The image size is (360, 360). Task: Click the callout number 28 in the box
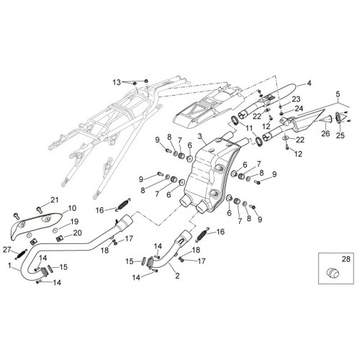click(x=346, y=259)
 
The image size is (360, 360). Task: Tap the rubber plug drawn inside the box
click(x=333, y=273)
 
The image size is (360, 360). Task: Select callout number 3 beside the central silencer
click(x=200, y=137)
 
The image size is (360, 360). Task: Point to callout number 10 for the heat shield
click(x=72, y=208)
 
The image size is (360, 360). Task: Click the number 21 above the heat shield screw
click(x=55, y=199)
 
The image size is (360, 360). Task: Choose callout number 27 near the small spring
click(x=7, y=250)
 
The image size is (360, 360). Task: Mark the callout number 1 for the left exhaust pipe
click(x=9, y=266)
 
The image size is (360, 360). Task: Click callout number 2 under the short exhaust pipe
click(x=177, y=276)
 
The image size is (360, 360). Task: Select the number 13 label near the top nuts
click(x=117, y=83)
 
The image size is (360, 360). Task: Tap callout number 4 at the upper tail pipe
click(x=309, y=84)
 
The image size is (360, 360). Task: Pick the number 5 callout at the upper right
click(x=338, y=94)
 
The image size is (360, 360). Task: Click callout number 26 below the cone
click(x=325, y=133)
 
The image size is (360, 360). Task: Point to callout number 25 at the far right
click(x=340, y=135)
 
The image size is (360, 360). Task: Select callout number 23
click(x=296, y=99)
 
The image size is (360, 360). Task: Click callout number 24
click(x=299, y=109)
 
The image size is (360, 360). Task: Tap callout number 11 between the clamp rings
click(x=248, y=128)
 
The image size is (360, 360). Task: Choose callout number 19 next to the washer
click(x=75, y=222)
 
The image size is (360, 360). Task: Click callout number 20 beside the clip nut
click(x=78, y=233)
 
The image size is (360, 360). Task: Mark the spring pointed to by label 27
click(x=22, y=254)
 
